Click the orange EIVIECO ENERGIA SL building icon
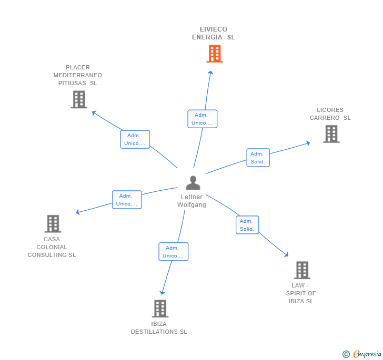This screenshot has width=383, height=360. tap(214, 54)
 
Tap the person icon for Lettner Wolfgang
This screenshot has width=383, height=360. tap(193, 183)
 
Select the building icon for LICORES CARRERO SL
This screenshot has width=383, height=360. tap(331, 134)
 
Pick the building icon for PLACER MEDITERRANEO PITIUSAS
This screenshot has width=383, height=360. tap(78, 99)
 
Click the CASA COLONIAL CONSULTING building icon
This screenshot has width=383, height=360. tap(53, 224)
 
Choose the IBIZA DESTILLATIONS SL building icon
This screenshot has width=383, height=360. tap(160, 308)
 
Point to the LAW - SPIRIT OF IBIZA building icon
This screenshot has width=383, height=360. tap(301, 270)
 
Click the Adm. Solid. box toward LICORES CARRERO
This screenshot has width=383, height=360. tap(258, 157)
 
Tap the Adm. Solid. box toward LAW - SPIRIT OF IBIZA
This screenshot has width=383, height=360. tap(247, 225)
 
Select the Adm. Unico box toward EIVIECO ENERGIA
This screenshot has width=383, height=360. tap(203, 119)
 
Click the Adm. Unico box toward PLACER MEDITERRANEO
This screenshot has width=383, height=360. tap(135, 139)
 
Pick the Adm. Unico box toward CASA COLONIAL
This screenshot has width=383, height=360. tap(127, 200)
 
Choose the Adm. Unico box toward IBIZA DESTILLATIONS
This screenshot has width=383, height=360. tap(174, 252)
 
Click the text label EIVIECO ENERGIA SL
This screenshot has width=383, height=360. tap(213, 33)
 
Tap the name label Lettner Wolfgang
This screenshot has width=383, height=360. tap(191, 201)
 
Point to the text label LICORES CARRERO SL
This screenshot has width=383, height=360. tap(330, 114)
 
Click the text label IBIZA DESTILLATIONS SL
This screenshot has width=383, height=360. tap(159, 327)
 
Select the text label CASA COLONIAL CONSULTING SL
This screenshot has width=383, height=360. tap(52, 247)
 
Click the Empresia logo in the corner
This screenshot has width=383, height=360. tap(362, 354)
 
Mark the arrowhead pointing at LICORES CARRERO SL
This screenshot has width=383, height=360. tap(308, 142)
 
